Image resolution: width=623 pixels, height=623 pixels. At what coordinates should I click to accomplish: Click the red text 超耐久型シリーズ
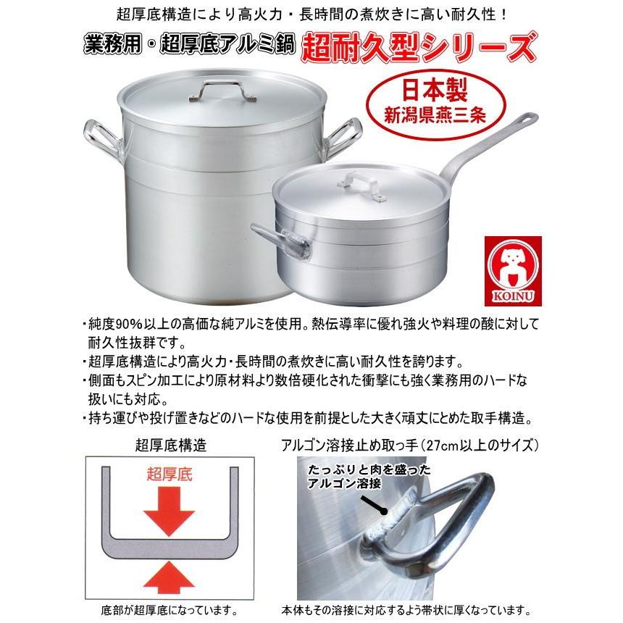419,48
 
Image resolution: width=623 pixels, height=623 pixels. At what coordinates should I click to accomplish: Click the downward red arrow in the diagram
170,511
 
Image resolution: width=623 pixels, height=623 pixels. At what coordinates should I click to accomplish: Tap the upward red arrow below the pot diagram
170,576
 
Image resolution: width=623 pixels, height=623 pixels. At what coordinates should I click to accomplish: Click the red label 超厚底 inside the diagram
170,475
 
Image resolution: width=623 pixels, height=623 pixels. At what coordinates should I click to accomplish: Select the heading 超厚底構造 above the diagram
170,445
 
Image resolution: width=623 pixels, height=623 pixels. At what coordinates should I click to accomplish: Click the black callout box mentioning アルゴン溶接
348,477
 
